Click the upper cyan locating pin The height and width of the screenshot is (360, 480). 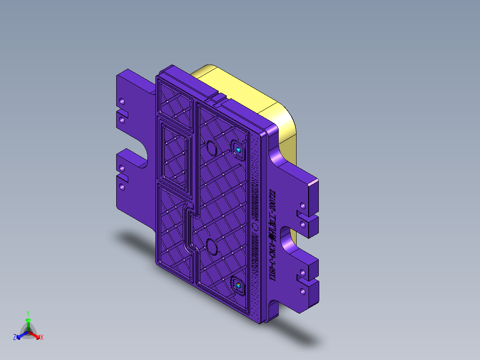coord(239,150)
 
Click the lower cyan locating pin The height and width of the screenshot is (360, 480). coord(239,285)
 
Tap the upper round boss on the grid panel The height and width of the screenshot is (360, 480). coord(210,147)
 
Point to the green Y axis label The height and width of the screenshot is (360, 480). coord(28,313)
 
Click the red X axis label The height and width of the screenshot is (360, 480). coord(42,338)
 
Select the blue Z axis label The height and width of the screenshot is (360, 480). coord(15,337)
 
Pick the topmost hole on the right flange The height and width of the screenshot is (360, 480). coord(302,206)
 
